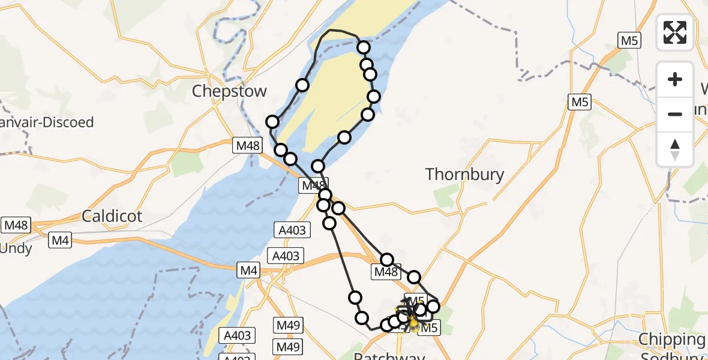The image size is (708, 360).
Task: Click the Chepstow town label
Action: [229, 92]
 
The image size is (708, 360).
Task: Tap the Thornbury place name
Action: [464, 175]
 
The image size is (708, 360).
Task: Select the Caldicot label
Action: [112, 216]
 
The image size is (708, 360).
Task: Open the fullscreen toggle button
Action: [675, 32]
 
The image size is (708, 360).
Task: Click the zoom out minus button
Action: [675, 114]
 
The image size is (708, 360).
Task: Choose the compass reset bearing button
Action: [675, 149]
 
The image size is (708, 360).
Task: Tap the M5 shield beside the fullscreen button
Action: [629, 40]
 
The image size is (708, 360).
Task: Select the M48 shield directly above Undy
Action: [16, 226]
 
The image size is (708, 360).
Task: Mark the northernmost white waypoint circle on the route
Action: [363, 47]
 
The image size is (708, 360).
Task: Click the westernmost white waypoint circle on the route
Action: [272, 122]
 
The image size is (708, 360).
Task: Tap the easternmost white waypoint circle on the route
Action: [433, 307]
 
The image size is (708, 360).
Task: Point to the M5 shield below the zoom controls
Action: [579, 103]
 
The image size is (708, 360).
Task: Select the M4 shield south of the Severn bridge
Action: [249, 271]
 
